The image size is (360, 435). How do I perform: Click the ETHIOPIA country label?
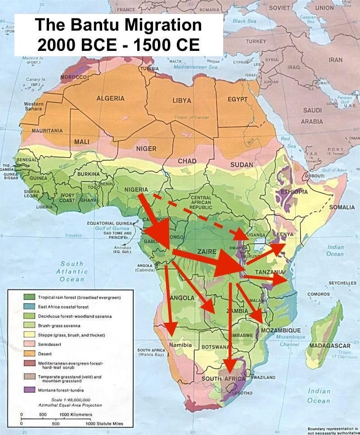(294, 192)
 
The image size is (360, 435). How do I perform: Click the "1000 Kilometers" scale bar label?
(76, 414)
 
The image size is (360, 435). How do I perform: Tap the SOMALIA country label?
(342, 207)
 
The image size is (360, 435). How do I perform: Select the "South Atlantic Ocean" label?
(72, 272)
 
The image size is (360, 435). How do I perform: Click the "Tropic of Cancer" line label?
(193, 118)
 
